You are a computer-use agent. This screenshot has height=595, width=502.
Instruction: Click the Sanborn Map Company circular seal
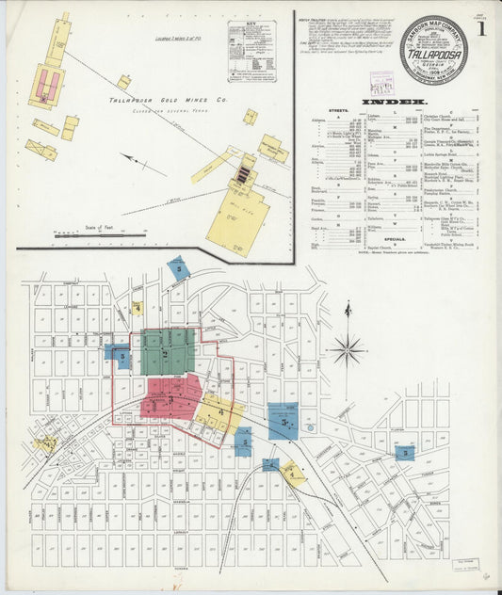(x=433, y=51)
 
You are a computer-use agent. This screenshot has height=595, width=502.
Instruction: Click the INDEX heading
(x=400, y=101)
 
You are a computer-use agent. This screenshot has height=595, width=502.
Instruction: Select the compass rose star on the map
(x=348, y=349)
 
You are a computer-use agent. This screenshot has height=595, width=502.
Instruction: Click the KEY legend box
(x=251, y=51)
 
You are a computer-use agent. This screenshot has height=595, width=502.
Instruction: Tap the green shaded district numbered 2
(x=168, y=352)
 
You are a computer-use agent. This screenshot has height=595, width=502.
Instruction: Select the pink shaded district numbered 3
(x=171, y=397)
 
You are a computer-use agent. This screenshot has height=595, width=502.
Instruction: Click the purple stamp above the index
(x=381, y=81)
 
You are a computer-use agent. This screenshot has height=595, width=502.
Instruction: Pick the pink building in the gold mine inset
(x=48, y=87)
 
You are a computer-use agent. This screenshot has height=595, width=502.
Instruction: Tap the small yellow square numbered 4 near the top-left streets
(x=137, y=308)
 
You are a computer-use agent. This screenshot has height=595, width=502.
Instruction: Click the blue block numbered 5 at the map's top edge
(x=178, y=268)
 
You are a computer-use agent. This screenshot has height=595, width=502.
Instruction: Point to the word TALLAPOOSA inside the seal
(x=433, y=55)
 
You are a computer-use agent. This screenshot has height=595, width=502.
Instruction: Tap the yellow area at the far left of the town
(x=45, y=442)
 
